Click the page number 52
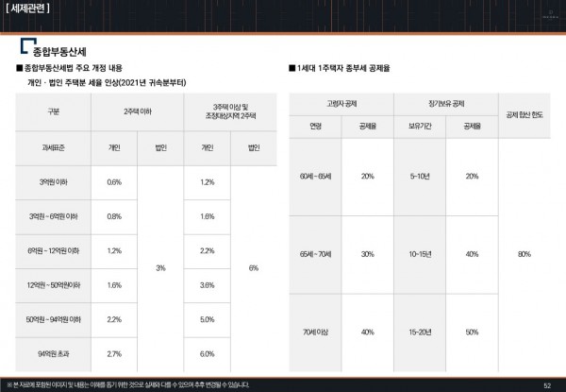(547, 384)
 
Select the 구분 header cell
(53, 111)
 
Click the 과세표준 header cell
(53, 147)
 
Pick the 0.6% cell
(114, 181)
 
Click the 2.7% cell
(114, 353)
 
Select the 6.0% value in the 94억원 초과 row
(208, 353)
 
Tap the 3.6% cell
(208, 284)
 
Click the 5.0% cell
(208, 319)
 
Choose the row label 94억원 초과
(53, 353)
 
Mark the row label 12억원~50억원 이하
(53, 284)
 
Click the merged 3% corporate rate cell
(160, 268)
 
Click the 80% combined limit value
(524, 255)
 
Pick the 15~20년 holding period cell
(420, 332)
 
